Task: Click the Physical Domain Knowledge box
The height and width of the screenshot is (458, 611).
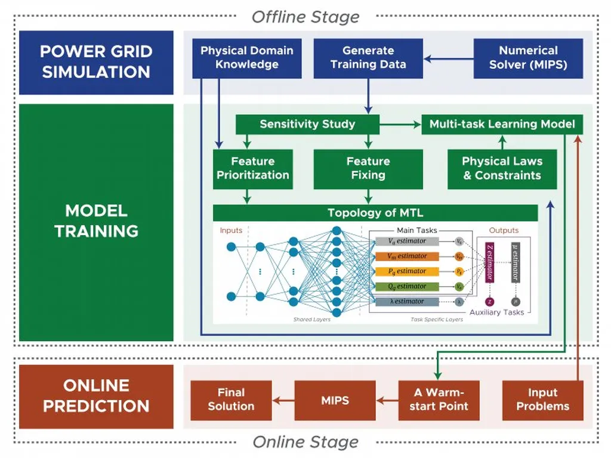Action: tap(247, 58)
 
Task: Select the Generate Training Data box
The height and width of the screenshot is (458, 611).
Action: tap(368, 58)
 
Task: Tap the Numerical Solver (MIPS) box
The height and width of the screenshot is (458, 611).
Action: tap(528, 58)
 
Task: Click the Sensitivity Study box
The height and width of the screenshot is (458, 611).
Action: tap(307, 124)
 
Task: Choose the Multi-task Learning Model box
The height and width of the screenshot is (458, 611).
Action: tap(502, 124)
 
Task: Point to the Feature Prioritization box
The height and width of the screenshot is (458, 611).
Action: tap(253, 169)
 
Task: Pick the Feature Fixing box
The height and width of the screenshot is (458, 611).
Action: tap(368, 169)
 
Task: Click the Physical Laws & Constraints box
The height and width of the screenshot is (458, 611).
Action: tap(502, 169)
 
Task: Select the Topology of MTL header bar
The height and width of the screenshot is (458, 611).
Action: tap(375, 213)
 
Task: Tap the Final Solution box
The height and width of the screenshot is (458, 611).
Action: tap(231, 400)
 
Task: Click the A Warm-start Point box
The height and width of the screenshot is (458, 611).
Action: tap(442, 400)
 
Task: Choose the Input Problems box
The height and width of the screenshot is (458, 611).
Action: tap(542, 400)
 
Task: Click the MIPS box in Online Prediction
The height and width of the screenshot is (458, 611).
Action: tap(335, 400)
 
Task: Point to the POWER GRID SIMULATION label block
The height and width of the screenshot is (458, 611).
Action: tap(96, 62)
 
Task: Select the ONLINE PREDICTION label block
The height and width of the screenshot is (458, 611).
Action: tap(96, 396)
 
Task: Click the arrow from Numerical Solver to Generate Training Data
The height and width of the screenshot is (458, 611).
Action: tap(448, 58)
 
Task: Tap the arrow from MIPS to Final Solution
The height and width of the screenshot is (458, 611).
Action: tap(283, 400)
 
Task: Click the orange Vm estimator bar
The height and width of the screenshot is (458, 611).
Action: tap(408, 256)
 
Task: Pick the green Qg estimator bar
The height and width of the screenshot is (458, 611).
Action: tap(408, 286)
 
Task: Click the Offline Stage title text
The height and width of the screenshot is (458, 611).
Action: tap(305, 17)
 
